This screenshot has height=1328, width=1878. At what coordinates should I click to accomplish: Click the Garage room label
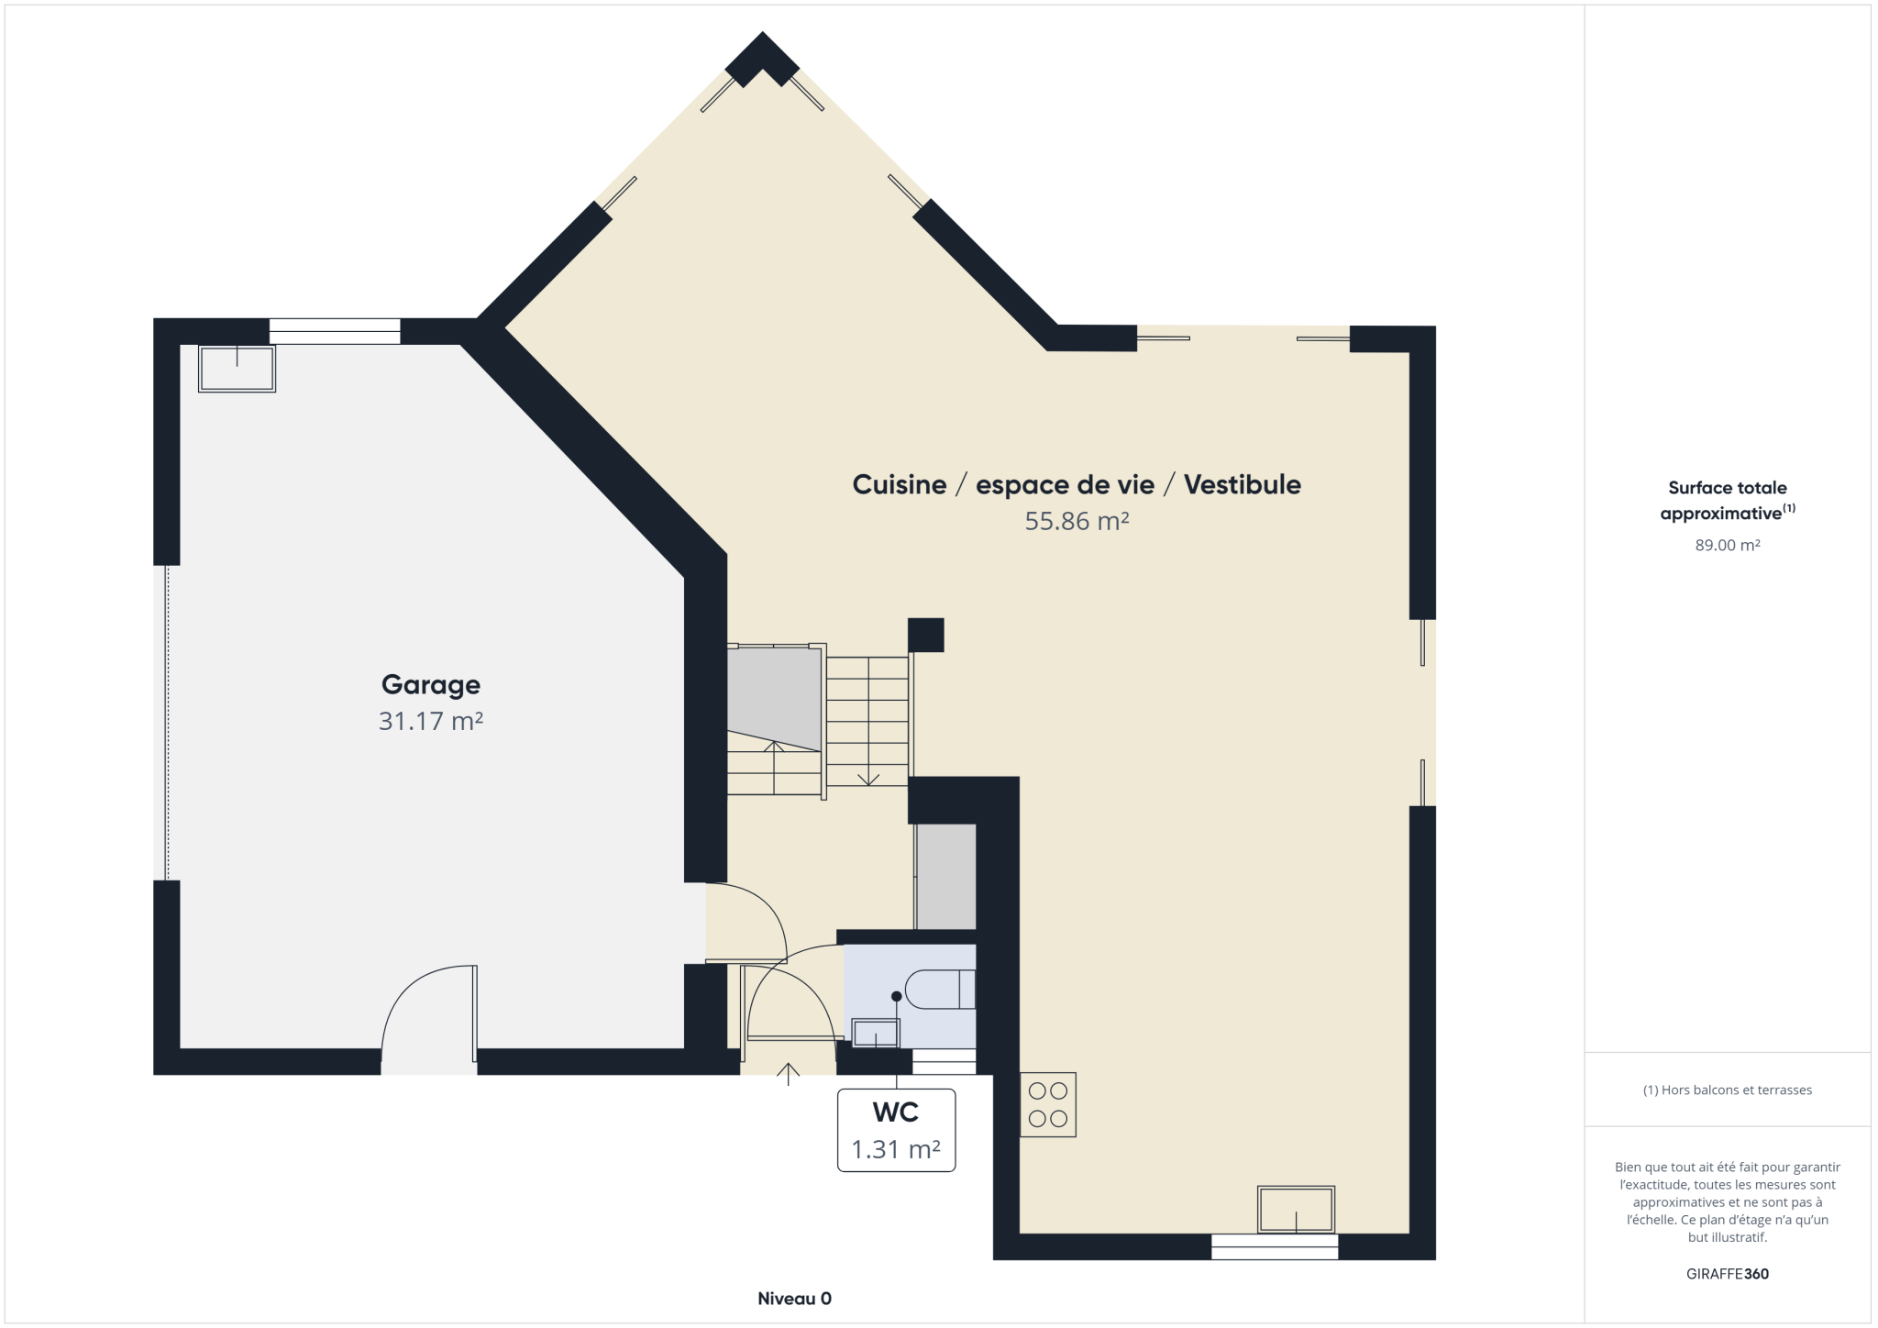coord(431,685)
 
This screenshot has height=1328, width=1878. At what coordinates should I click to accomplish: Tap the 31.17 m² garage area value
coord(431,721)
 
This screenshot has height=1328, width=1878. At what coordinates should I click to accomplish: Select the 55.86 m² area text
coord(1077,521)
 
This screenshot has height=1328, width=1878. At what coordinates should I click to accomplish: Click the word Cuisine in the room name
coord(900,484)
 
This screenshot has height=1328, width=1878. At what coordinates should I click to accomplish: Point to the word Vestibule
coord(1243,484)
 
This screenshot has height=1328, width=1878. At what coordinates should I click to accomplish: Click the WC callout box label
coord(896,1112)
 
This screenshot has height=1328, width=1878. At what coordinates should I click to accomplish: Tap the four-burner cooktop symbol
coord(1048,1104)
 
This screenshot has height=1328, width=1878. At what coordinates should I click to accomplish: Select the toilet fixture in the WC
coord(940,989)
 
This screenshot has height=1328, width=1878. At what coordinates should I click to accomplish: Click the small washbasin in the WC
coord(876,1033)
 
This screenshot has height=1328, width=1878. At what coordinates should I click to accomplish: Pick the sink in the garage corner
coord(237,368)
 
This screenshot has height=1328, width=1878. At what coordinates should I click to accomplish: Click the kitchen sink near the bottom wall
coord(1296,1210)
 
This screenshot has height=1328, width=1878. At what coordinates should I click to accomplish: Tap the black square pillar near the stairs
coord(926,635)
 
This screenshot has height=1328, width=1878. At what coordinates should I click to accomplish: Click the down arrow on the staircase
coord(867,777)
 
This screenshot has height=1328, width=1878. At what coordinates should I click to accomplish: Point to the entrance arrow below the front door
coord(788,1074)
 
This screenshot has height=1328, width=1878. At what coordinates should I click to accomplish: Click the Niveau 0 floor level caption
coord(794,1298)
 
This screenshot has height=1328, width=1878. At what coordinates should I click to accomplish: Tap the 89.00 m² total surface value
coord(1728,545)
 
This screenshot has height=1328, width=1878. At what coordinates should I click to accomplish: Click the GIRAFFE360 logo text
coord(1728,1274)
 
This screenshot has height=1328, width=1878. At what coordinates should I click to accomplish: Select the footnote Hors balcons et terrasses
coord(1728,1090)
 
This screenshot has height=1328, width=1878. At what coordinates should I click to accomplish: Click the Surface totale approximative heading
coord(1728,500)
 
